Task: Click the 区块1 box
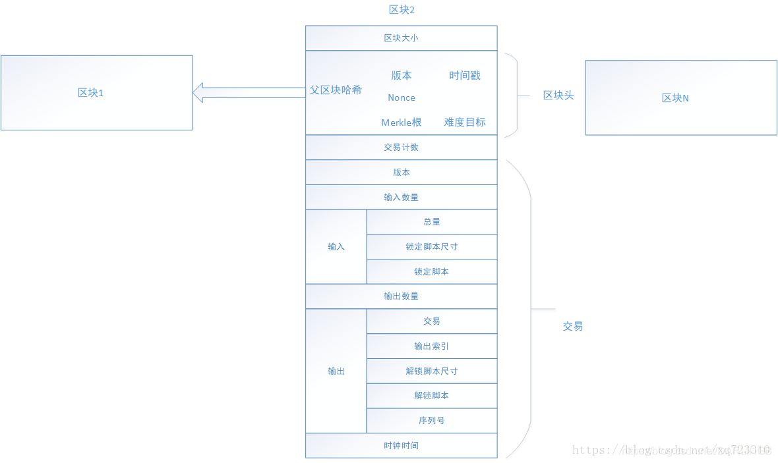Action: click(96, 93)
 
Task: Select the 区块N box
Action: click(681, 97)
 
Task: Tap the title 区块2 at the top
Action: click(402, 10)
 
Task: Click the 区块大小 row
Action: click(401, 38)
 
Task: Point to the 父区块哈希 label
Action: click(336, 90)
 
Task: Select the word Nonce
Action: click(402, 97)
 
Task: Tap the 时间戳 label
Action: click(465, 76)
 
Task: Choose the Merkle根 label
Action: click(401, 123)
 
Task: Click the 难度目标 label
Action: click(465, 123)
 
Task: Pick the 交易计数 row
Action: click(401, 148)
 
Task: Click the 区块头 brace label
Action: click(558, 95)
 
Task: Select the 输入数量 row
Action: click(401, 197)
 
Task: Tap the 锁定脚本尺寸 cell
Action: click(432, 247)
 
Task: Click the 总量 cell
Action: click(432, 222)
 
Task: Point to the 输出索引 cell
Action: click(432, 346)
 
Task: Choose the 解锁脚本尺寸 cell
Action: click(432, 371)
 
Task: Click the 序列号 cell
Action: click(432, 421)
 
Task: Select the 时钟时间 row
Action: click(401, 446)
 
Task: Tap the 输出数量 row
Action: click(401, 296)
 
